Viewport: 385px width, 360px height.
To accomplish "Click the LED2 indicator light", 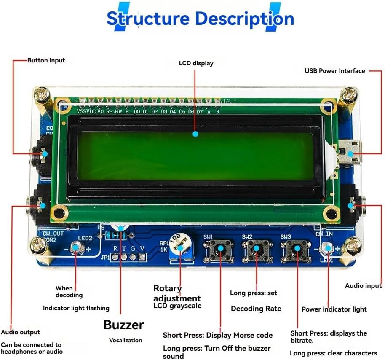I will (77, 248).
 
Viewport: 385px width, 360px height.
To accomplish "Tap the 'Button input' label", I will (46, 60).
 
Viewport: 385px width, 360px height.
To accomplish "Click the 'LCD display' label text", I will (196, 63).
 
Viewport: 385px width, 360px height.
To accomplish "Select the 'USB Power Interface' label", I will (334, 71).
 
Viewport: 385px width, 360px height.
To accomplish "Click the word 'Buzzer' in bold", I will (124, 325).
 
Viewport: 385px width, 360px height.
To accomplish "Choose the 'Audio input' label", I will (363, 286).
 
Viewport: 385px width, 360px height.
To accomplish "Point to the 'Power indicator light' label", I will (334, 309).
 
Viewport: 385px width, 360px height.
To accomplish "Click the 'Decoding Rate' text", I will (256, 309).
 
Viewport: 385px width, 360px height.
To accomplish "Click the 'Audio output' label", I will (21, 332).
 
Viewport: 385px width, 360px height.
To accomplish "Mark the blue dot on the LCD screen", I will (195, 134).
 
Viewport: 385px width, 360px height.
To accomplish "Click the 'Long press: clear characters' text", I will (333, 353).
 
